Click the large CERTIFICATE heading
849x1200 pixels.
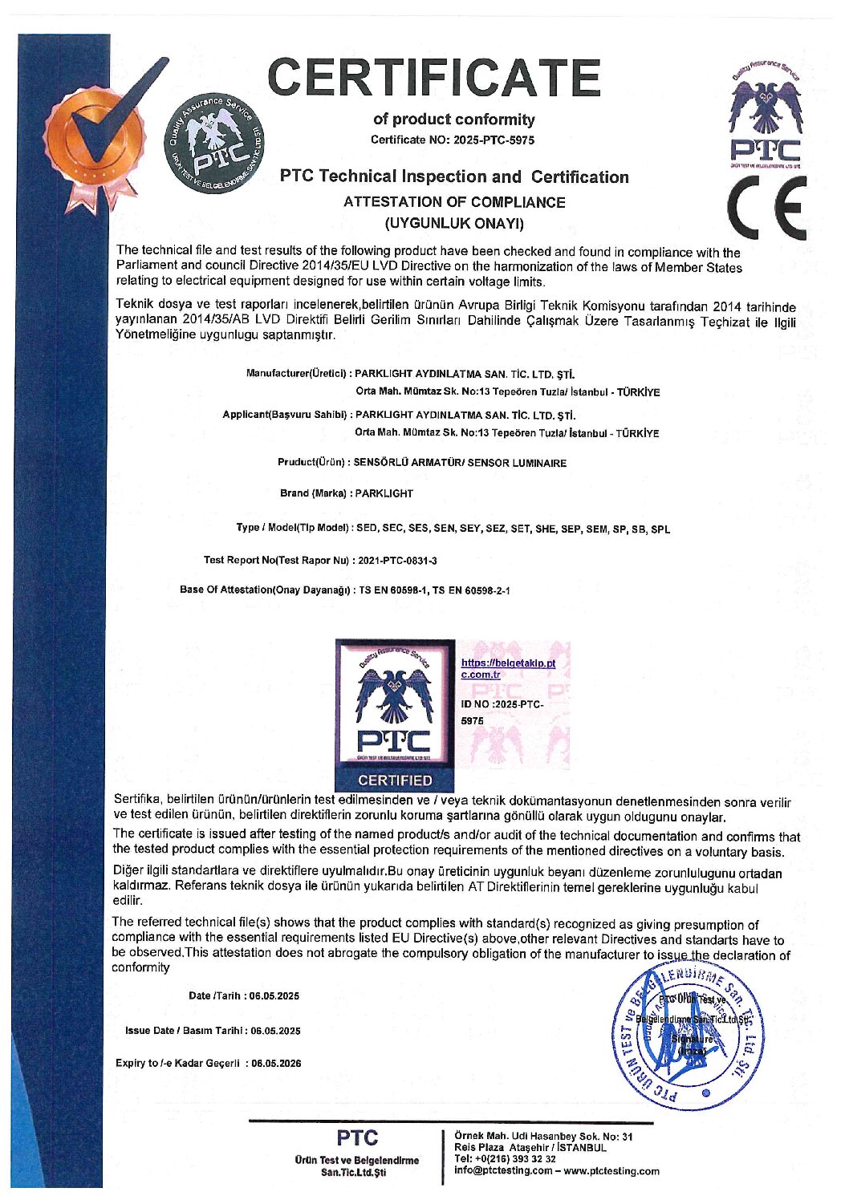point(434,78)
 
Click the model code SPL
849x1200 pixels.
point(660,529)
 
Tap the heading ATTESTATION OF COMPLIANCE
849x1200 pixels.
point(453,202)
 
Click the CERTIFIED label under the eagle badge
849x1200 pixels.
point(395,780)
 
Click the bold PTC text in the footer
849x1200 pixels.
point(357,1137)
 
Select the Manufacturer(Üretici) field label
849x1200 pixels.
point(296,373)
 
